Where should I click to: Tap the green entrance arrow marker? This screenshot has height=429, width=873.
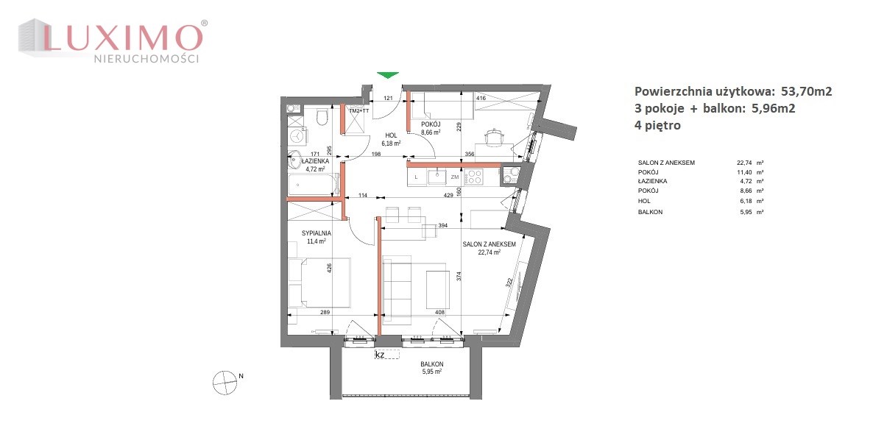[x=388, y=75]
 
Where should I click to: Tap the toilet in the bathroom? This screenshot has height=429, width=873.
[x=321, y=117]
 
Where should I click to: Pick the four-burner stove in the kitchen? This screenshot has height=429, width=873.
[x=474, y=177]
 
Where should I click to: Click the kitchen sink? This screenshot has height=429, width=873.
[x=438, y=176]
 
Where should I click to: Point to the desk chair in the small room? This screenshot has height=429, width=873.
[x=495, y=135]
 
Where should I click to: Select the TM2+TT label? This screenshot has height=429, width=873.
[x=360, y=110]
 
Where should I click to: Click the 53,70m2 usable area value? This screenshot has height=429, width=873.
[x=802, y=91]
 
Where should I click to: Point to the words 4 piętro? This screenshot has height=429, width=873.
[x=657, y=126]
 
